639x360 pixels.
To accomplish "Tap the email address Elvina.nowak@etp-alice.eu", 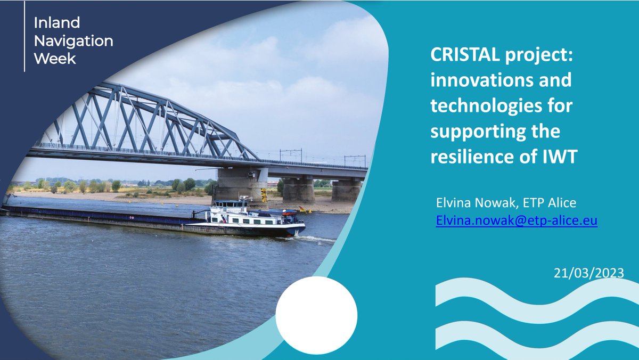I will (x=516, y=220).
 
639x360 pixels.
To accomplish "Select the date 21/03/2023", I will (x=588, y=273).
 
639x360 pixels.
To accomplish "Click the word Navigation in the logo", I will (x=73, y=40).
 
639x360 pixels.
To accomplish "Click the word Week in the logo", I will (x=55, y=58).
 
